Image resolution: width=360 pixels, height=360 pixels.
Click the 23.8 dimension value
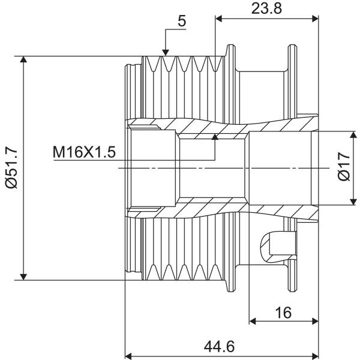(x=266, y=9)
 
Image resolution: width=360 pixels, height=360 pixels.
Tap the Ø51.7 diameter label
(x=11, y=168)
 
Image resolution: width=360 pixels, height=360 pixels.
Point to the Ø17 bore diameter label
(x=344, y=167)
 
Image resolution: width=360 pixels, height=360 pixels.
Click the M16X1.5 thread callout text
(x=84, y=152)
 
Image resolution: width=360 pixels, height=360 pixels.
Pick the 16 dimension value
(x=284, y=313)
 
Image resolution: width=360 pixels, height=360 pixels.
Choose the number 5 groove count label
(x=182, y=21)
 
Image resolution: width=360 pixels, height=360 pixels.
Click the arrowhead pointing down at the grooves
(x=166, y=53)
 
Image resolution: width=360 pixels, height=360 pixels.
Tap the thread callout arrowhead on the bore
(x=215, y=137)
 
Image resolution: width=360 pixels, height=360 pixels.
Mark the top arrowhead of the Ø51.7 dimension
(x=23, y=59)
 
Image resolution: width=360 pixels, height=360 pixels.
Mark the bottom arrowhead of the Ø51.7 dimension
(x=23, y=277)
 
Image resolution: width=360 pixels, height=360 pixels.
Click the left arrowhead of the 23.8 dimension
(x=219, y=19)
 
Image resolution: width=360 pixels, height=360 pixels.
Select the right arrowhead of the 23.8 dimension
(x=315, y=19)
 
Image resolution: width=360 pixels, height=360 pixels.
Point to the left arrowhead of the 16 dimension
(x=253, y=321)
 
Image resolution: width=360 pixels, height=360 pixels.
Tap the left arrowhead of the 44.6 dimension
(x=128, y=356)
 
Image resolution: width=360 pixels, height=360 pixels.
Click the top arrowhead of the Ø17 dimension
(x=353, y=135)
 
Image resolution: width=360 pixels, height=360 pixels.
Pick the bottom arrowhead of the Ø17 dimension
(x=353, y=202)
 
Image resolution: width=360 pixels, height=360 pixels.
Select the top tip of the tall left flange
(x=231, y=45)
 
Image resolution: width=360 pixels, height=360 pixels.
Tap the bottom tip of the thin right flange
(x=292, y=291)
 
